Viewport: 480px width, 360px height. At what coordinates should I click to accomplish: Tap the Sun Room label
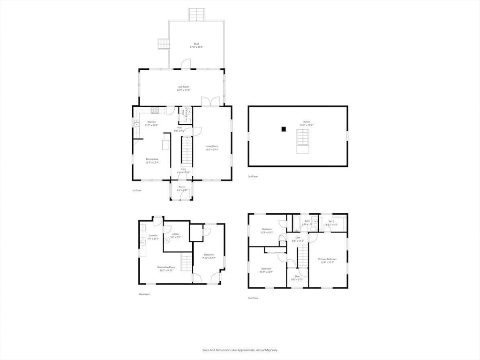[183, 88]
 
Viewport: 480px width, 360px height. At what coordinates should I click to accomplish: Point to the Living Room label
[212, 147]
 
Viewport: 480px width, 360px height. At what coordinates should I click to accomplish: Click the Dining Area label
[152, 160]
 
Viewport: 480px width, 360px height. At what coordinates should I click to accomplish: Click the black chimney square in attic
[283, 129]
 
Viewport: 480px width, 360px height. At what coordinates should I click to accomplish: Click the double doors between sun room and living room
[207, 102]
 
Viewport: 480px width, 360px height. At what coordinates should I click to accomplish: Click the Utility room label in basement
[175, 235]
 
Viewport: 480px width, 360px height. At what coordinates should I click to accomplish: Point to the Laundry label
[153, 236]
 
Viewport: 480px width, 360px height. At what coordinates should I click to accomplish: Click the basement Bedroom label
[209, 256]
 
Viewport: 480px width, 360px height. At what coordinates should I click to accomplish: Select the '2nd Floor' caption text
[253, 298]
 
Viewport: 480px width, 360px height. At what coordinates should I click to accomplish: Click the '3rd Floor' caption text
[253, 176]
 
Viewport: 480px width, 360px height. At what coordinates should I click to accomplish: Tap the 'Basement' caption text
[144, 294]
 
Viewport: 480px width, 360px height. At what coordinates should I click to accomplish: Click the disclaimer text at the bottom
[240, 350]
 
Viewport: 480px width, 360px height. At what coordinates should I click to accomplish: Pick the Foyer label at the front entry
[181, 189]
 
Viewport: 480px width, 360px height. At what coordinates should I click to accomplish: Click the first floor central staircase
[187, 150]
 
